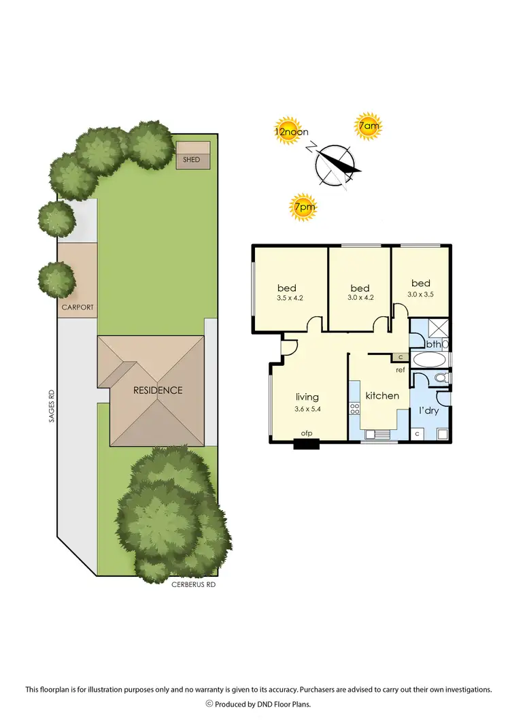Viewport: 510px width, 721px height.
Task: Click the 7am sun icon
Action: (x=368, y=127)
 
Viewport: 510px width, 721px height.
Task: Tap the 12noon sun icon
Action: (x=287, y=132)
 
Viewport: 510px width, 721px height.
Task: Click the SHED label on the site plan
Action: (x=192, y=160)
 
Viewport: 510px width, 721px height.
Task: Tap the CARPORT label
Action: (x=77, y=307)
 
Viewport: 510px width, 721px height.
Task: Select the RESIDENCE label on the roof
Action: (x=158, y=390)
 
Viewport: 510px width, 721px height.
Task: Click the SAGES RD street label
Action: (x=50, y=406)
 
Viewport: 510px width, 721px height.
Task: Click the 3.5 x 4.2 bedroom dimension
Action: (x=290, y=297)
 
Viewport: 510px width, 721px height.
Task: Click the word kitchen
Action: (x=381, y=396)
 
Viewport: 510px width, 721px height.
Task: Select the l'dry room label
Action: (x=429, y=411)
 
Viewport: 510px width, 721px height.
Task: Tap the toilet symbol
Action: (x=440, y=378)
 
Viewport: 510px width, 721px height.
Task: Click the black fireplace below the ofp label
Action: (x=306, y=446)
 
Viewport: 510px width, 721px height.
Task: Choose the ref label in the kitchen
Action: (x=401, y=371)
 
